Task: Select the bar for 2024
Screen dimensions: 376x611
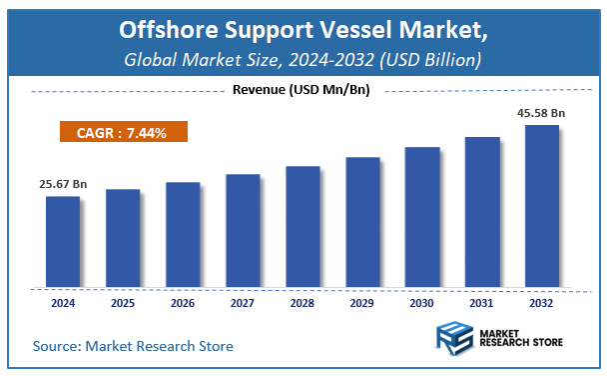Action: point(63,240)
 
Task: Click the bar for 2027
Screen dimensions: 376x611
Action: point(243,229)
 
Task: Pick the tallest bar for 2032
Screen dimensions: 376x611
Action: point(542,205)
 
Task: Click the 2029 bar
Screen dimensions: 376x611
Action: point(362,221)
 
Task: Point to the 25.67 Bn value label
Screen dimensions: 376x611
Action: point(61,185)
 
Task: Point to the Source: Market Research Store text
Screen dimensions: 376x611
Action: point(133,346)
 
